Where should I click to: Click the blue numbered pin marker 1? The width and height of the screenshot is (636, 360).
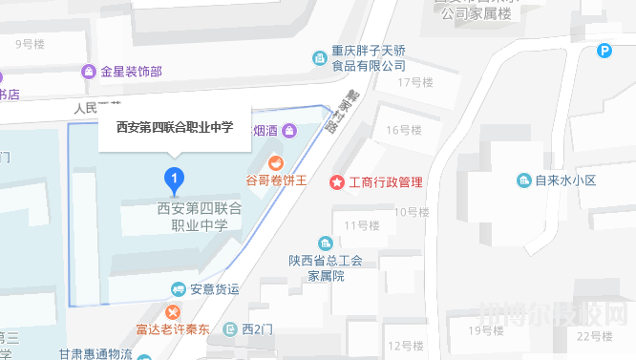[174, 178]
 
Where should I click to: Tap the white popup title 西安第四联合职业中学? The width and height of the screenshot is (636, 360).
[174, 125]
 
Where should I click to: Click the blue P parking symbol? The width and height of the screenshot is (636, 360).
[604, 52]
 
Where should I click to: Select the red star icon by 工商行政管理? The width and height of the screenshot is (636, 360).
[336, 181]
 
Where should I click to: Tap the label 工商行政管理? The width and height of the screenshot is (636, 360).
[385, 181]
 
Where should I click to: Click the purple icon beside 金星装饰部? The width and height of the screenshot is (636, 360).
[89, 72]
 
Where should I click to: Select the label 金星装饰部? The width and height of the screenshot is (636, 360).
[130, 72]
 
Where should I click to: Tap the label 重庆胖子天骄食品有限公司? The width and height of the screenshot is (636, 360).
[370, 59]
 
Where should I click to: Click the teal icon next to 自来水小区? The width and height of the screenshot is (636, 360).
[523, 180]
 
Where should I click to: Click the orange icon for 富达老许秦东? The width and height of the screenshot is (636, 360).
[172, 312]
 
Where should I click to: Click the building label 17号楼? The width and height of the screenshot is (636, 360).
[415, 82]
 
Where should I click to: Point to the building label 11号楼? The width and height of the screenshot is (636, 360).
[362, 225]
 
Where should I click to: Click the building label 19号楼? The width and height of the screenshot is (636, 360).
[486, 330]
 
